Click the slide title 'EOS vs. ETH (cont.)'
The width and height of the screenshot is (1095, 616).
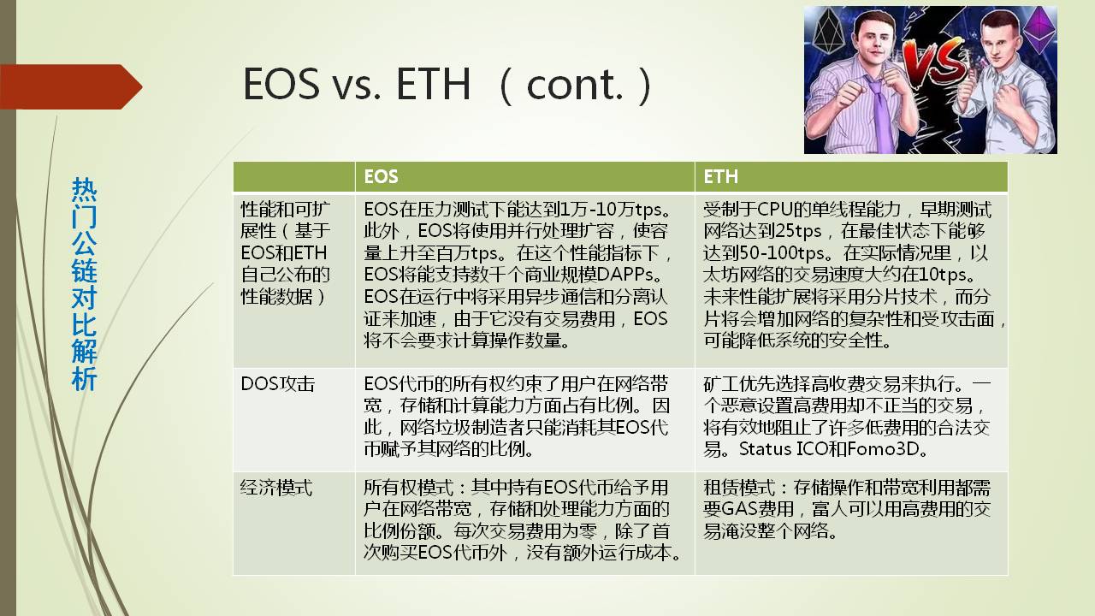(447, 84)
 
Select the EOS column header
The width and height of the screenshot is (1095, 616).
(381, 176)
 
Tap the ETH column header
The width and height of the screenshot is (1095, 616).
(720, 176)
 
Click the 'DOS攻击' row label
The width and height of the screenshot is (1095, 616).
(278, 384)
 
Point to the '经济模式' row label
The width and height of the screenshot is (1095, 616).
(276, 488)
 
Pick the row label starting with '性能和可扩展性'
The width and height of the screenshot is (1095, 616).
(286, 252)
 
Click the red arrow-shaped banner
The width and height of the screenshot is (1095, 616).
(71, 86)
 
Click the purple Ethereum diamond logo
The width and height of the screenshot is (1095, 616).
(1039, 30)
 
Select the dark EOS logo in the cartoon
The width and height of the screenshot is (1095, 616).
(829, 33)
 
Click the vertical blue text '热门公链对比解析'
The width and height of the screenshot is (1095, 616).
(84, 284)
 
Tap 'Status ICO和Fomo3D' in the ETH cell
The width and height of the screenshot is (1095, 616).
(829, 449)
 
